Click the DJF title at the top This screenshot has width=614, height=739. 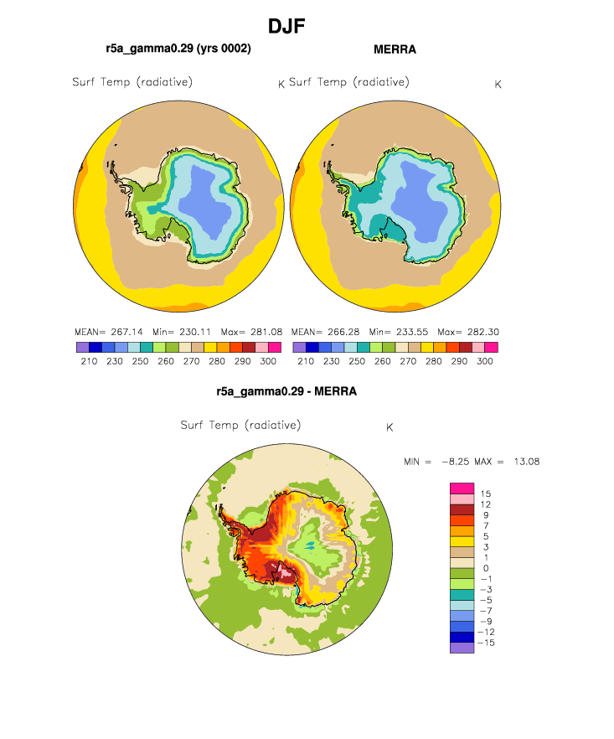(x=286, y=27)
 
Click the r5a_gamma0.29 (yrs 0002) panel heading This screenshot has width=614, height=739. (x=178, y=49)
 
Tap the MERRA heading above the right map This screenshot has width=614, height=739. (x=395, y=49)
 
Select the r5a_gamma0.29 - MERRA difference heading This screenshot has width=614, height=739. (x=286, y=391)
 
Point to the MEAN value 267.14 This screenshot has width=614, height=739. (x=126, y=332)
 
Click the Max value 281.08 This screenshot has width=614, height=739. (x=266, y=332)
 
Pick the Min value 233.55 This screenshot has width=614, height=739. (x=412, y=332)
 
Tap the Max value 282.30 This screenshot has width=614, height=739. (x=483, y=332)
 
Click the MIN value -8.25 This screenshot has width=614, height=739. (x=456, y=462)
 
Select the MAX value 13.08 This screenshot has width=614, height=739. (x=527, y=462)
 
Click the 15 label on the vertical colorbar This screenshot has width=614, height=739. (x=486, y=494)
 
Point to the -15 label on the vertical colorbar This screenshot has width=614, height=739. (x=486, y=643)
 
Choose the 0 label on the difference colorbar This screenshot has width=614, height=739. (x=486, y=568)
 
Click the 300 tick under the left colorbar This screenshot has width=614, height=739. (x=268, y=361)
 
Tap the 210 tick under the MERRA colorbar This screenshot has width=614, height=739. (x=306, y=361)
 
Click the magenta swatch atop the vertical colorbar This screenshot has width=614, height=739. (x=462, y=488)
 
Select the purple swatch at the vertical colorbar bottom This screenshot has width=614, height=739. (x=462, y=648)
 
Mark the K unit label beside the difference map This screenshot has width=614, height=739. (x=390, y=427)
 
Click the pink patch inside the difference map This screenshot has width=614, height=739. (x=286, y=571)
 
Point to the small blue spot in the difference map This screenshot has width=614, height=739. (x=310, y=545)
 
